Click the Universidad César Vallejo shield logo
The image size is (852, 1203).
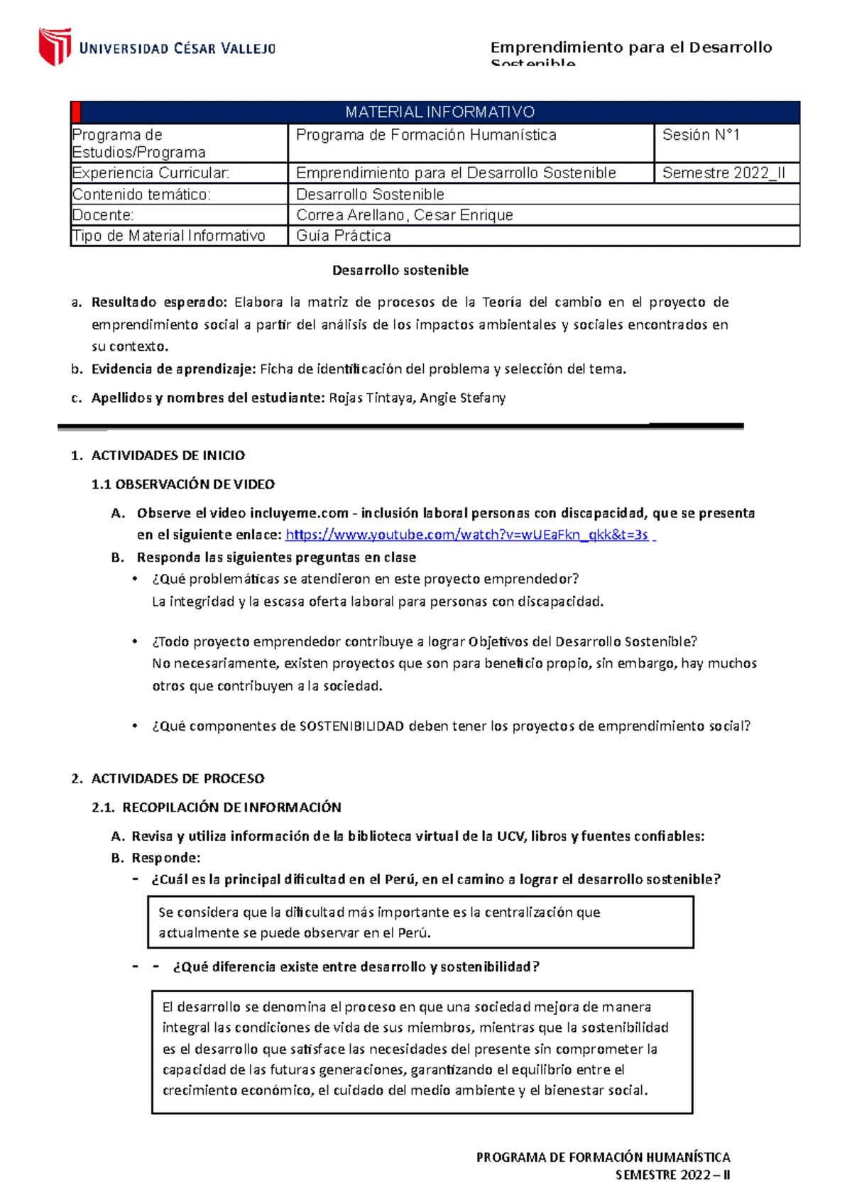click(x=55, y=46)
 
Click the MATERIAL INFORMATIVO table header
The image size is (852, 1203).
click(x=439, y=112)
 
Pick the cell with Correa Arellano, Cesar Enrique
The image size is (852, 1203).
click(x=404, y=215)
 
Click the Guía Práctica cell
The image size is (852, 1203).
click(x=343, y=236)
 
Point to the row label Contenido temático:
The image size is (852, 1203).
click(x=141, y=195)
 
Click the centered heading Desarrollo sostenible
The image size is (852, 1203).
click(x=400, y=271)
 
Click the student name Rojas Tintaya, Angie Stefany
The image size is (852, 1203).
click(x=417, y=398)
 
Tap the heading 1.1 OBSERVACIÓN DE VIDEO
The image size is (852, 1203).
click(x=183, y=484)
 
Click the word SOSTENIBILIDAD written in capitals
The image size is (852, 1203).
click(x=351, y=726)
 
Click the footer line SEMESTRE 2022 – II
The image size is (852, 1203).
click(x=672, y=1175)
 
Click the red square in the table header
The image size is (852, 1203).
click(x=77, y=112)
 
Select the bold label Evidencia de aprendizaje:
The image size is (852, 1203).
click(x=173, y=369)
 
